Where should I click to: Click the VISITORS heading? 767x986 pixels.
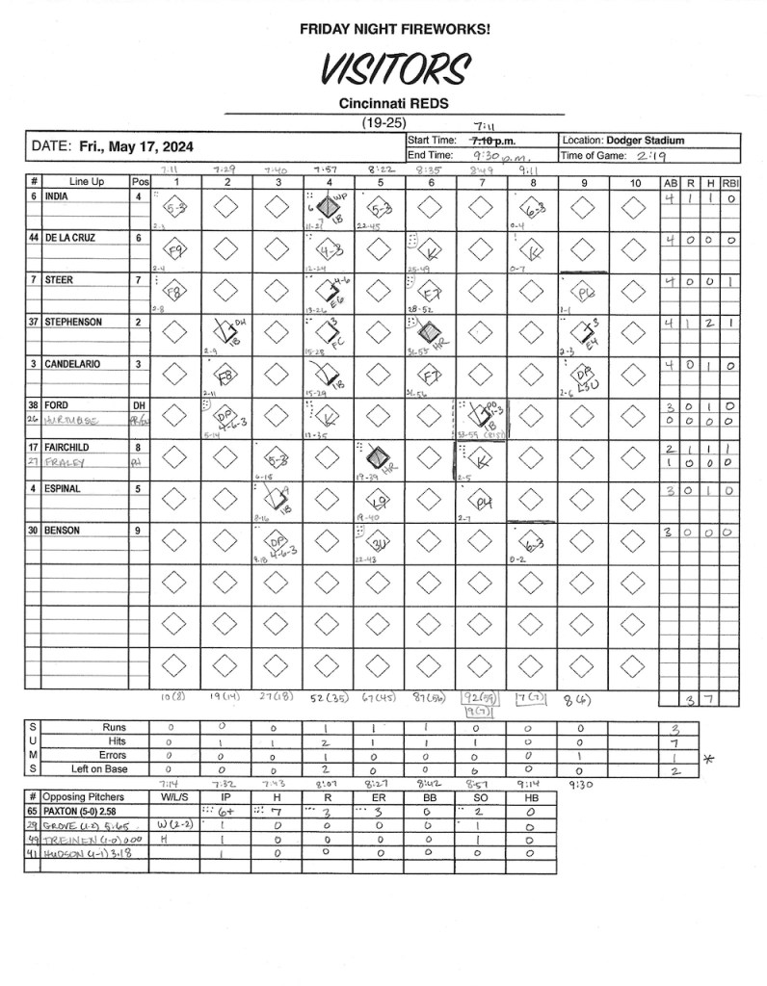pyautogui.click(x=395, y=68)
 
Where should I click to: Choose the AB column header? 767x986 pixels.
pyautogui.click(x=670, y=182)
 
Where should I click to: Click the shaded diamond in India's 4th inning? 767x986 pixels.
pyautogui.click(x=329, y=206)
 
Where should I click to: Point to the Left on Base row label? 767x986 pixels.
pyautogui.click(x=99, y=769)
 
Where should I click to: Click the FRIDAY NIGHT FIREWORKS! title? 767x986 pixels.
pyautogui.click(x=394, y=30)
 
